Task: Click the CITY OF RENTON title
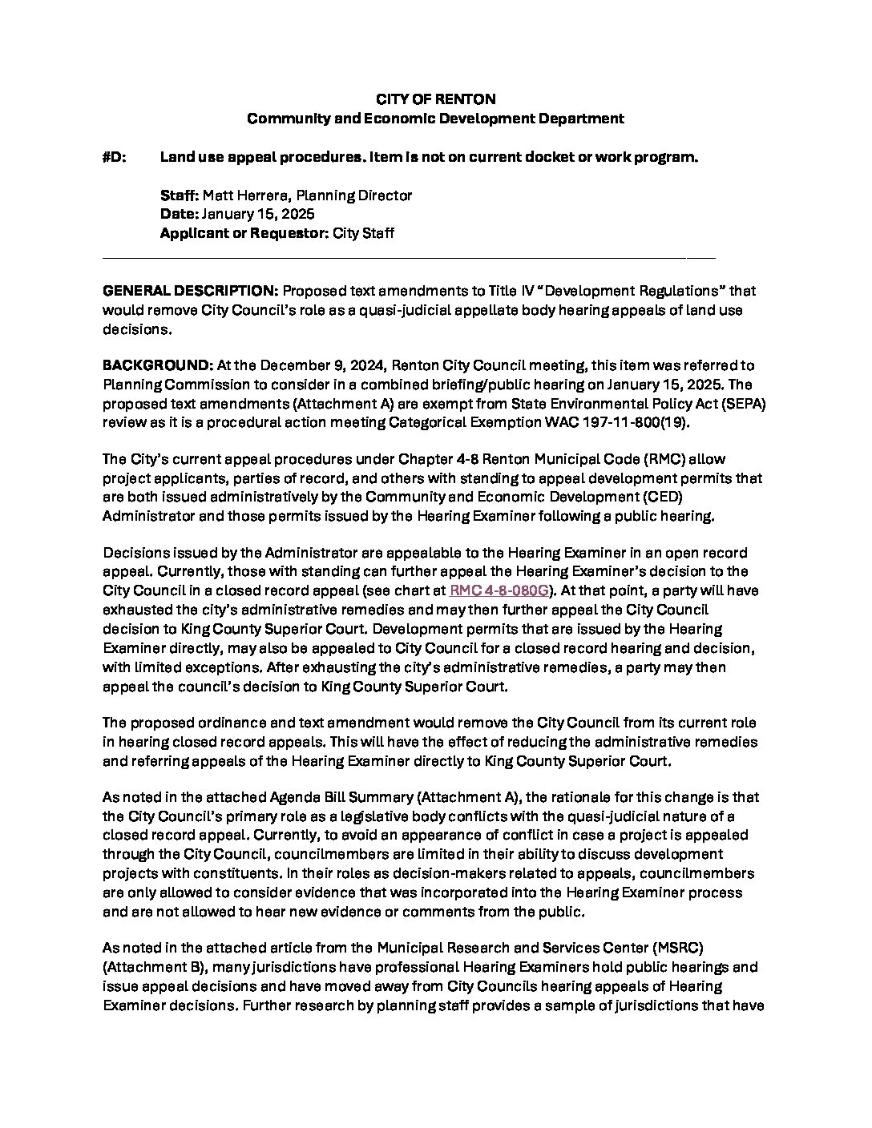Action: coord(436,99)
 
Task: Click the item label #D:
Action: coord(114,157)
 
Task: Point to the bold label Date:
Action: coord(179,215)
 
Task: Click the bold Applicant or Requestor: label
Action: coord(244,234)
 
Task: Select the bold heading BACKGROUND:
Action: coord(156,366)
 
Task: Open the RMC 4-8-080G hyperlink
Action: coord(499,591)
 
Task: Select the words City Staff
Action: coord(363,234)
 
